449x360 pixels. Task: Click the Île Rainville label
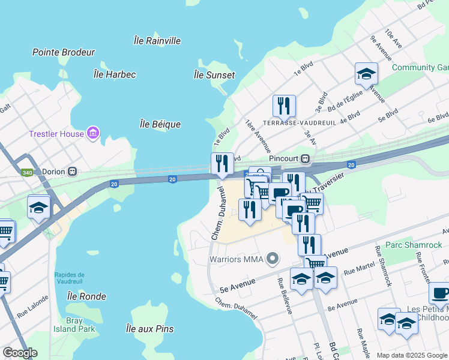157,41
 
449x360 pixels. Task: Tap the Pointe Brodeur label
64,52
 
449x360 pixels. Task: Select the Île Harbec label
115,74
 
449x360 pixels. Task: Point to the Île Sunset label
214,75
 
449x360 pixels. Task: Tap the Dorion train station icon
73,171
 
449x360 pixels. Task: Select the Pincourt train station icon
305,159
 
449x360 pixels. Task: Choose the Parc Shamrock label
414,245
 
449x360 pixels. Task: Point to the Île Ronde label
86,296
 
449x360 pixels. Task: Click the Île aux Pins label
149,328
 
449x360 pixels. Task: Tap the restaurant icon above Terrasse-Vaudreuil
284,106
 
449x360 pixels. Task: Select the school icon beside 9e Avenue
366,74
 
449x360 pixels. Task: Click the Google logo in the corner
20,353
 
